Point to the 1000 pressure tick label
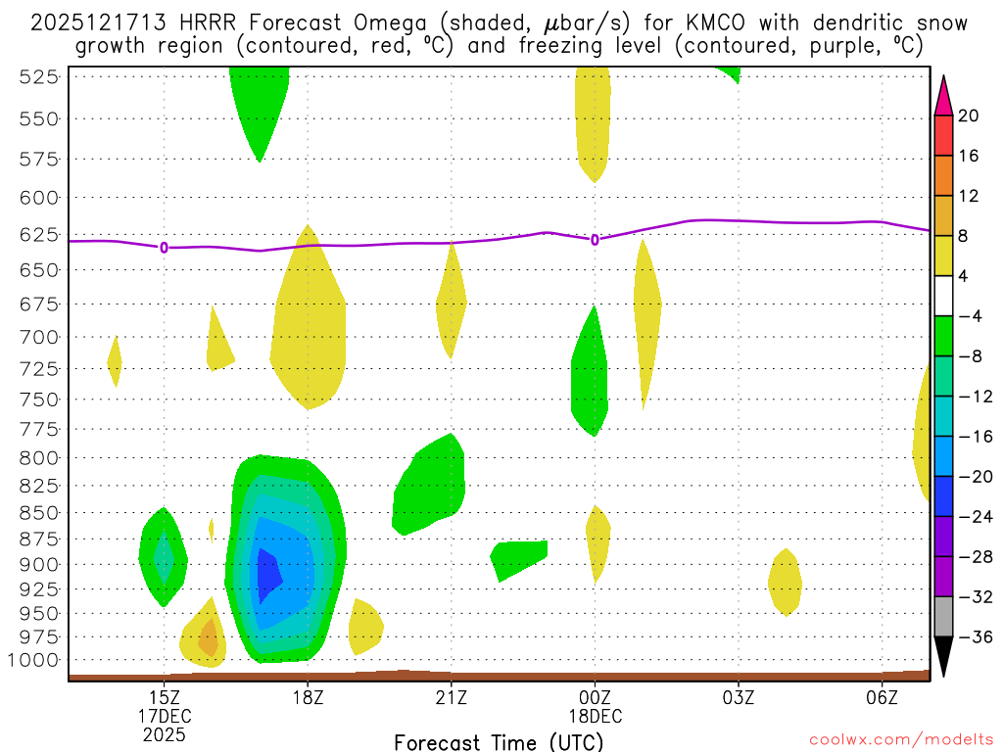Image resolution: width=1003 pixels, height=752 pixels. click(x=36, y=660)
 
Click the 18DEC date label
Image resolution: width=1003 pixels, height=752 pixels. click(x=595, y=715)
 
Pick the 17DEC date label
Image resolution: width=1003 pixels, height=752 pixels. click(x=165, y=715)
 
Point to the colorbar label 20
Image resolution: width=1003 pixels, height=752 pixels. click(x=969, y=117)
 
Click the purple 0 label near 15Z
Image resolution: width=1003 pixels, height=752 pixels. click(x=164, y=248)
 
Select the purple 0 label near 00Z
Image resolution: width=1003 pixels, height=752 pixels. click(x=595, y=239)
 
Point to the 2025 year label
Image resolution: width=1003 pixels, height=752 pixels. click(x=165, y=733)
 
